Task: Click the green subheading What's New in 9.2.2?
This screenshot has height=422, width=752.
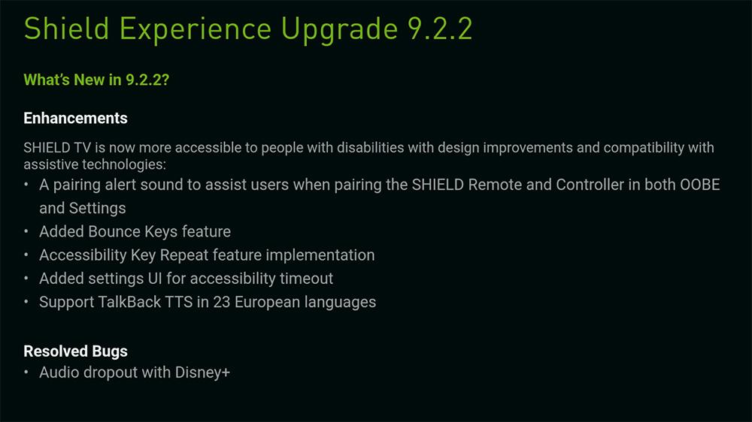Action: point(96,80)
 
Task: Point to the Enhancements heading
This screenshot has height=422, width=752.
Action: point(75,118)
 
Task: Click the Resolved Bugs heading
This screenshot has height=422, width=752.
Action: point(75,351)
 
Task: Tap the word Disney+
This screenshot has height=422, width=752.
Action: point(202,372)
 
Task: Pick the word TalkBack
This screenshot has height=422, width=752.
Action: point(130,302)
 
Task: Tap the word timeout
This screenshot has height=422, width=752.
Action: point(306,279)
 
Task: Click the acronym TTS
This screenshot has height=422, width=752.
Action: point(179,302)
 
